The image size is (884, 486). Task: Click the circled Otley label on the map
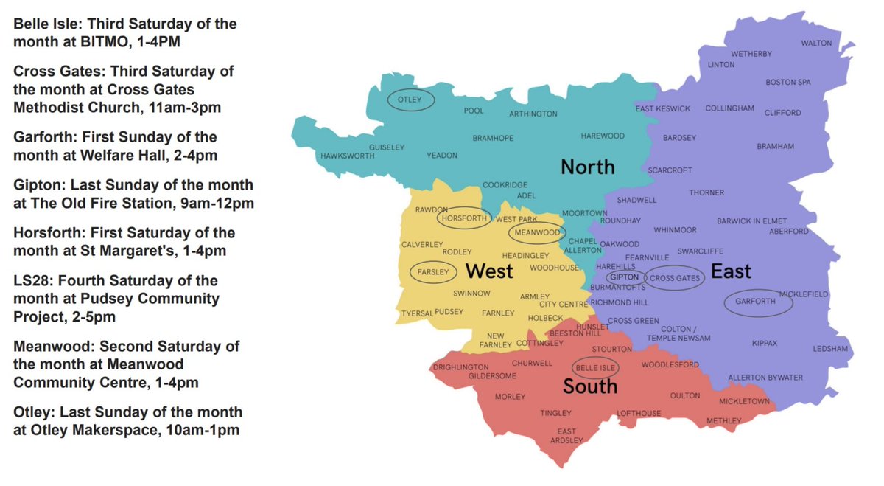click(x=410, y=100)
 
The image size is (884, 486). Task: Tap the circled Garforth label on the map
click(x=759, y=302)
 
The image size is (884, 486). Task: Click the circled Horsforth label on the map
click(x=463, y=218)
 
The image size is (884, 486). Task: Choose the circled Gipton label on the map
click(x=622, y=277)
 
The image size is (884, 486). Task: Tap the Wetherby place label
click(x=751, y=54)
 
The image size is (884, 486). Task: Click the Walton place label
click(x=816, y=44)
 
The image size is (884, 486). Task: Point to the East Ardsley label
click(x=566, y=436)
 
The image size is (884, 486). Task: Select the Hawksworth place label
click(x=342, y=156)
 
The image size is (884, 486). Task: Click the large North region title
click(x=587, y=167)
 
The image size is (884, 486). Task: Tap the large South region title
click(x=590, y=386)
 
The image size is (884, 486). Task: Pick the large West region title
click(x=489, y=272)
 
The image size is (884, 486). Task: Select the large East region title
click(x=731, y=272)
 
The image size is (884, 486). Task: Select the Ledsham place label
click(x=830, y=349)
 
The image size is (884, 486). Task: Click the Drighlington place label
click(x=460, y=367)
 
